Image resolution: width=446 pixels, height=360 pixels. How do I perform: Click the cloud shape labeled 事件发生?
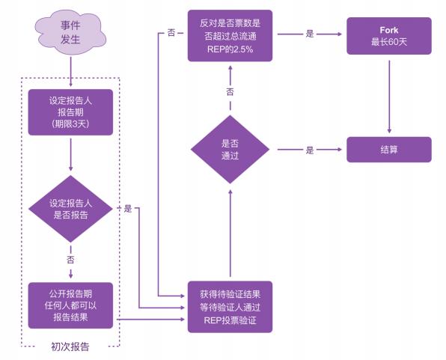click(70, 33)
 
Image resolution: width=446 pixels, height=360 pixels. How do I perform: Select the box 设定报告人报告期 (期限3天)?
click(70, 112)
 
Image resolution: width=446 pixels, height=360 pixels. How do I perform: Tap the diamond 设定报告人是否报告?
click(70, 209)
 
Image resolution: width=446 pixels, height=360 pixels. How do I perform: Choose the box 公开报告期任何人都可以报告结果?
click(70, 305)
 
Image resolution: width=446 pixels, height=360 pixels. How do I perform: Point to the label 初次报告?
click(70, 347)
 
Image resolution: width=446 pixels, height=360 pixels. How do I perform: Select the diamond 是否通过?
click(230, 150)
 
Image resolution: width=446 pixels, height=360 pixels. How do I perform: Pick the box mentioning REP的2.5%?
click(230, 34)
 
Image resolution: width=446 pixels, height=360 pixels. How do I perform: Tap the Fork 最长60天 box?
click(388, 34)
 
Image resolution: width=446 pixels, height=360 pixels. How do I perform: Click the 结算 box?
click(388, 150)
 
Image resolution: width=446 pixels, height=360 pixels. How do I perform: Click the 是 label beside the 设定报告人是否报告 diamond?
click(127, 209)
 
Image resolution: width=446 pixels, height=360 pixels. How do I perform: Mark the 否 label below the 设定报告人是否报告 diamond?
click(70, 260)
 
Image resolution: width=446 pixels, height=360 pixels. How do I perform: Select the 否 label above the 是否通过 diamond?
click(230, 91)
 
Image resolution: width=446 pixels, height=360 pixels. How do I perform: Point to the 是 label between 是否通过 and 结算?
click(309, 150)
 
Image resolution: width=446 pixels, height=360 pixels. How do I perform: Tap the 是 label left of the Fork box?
click(309, 34)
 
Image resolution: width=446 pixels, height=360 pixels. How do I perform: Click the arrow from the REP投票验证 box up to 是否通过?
click(230, 232)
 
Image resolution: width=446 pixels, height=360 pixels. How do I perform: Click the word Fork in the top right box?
click(388, 29)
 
